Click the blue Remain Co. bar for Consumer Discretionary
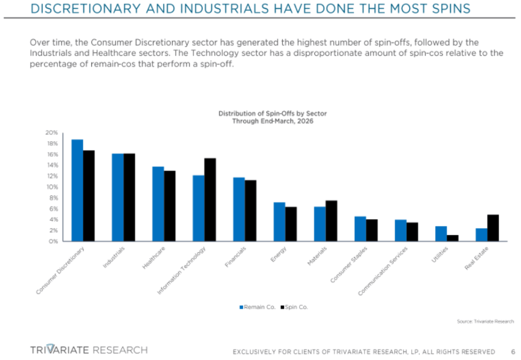click(77, 190)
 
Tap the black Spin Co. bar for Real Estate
click(493, 228)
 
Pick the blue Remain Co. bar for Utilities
click(440, 234)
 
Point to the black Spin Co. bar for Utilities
click(452, 238)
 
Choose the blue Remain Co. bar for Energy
click(279, 222)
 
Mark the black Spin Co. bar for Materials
click(331, 221)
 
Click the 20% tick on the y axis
click(53, 133)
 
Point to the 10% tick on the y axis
click(53, 187)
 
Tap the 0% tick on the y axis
click(54, 242)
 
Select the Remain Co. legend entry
click(257, 307)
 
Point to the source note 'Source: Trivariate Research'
click(485, 321)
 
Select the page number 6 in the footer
click(513, 351)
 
